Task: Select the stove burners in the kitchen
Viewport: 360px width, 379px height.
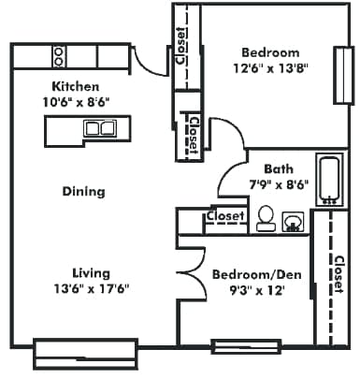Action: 59,56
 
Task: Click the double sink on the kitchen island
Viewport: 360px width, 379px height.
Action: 99,129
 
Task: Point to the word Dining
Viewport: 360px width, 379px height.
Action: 83,192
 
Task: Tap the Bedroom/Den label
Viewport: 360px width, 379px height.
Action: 248,275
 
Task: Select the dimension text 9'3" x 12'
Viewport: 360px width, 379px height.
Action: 248,290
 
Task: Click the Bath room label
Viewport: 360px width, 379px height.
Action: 278,169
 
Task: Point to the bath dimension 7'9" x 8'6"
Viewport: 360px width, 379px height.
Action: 278,184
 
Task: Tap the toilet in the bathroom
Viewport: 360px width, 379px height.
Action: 266,217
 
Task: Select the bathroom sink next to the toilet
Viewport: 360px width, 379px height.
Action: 293,221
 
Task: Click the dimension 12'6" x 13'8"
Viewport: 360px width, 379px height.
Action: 270,67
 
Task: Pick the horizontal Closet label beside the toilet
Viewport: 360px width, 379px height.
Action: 224,216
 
